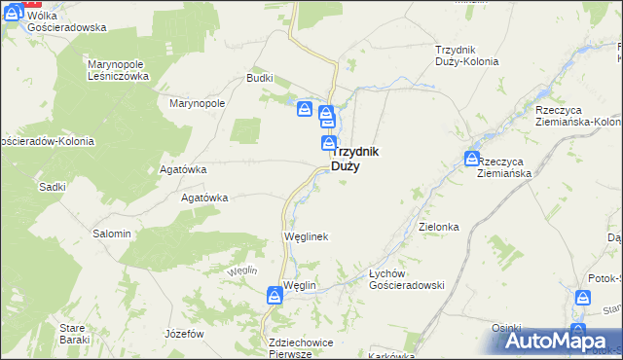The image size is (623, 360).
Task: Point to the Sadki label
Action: pyautogui.click(x=51, y=186)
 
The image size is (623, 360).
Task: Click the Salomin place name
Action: pyautogui.click(x=111, y=234)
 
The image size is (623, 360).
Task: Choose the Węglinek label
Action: pyautogui.click(x=305, y=236)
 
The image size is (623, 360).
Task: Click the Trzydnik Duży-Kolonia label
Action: pyautogui.click(x=467, y=54)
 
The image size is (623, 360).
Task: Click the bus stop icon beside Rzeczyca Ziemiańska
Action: pyautogui.click(x=472, y=158)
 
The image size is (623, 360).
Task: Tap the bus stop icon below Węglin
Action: pyautogui.click(x=275, y=300)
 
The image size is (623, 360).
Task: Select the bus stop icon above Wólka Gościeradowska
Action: pyautogui.click(x=14, y=11)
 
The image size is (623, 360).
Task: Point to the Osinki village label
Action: pyautogui.click(x=507, y=328)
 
